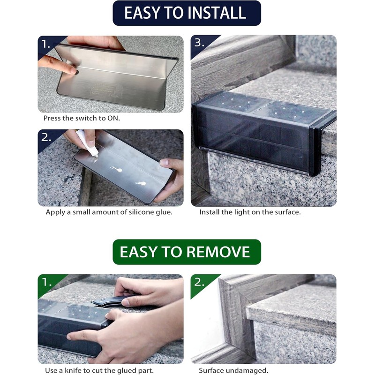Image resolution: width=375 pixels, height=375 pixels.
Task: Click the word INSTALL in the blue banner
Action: point(217,13)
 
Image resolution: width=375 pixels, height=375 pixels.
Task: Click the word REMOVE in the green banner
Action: point(217,252)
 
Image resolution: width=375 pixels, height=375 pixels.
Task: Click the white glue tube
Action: point(87,143)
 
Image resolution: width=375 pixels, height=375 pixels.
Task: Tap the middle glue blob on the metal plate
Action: point(116,169)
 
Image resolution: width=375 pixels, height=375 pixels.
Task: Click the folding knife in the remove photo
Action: point(109,301)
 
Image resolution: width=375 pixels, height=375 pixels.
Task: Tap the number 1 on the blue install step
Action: point(45,44)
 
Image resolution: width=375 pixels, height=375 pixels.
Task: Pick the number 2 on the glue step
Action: point(46,137)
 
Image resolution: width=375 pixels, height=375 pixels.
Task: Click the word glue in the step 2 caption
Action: point(164,212)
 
